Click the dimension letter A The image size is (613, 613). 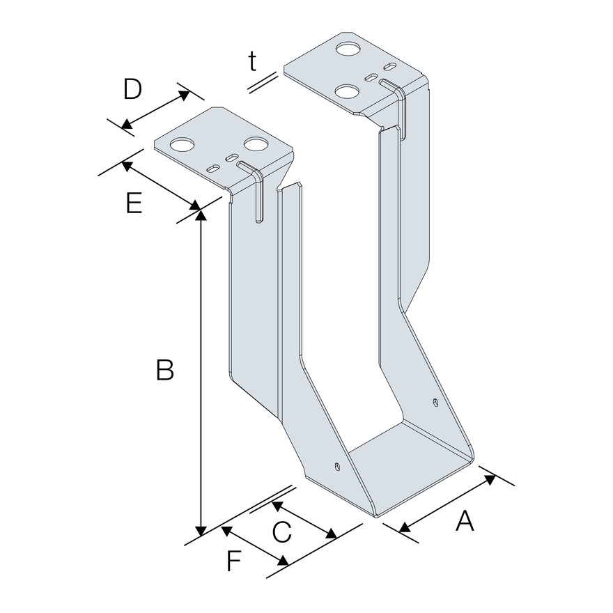465,520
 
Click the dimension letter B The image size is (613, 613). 164,370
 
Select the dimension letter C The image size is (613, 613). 281,533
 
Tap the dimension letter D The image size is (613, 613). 132,90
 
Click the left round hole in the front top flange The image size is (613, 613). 183,146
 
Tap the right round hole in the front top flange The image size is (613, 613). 256,145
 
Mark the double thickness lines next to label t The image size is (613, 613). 265,82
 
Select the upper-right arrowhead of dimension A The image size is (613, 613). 490,479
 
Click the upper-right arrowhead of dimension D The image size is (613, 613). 183,93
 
